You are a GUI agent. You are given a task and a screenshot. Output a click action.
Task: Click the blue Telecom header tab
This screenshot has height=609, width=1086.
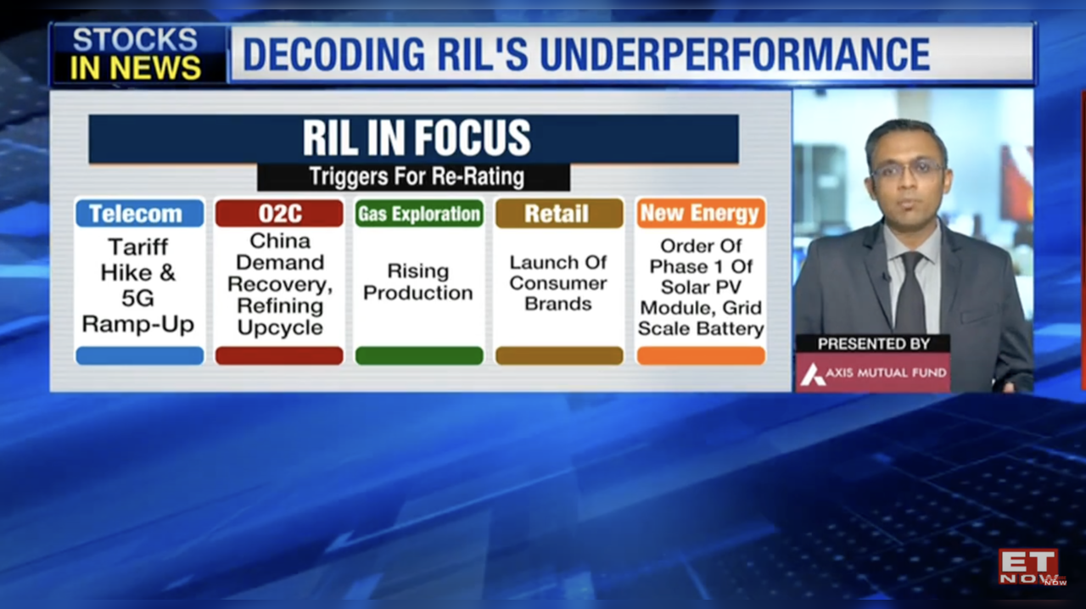[x=139, y=213]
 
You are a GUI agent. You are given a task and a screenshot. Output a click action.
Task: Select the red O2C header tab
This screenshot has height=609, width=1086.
[x=279, y=213]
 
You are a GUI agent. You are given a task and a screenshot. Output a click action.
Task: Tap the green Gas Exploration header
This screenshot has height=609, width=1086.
[x=418, y=213]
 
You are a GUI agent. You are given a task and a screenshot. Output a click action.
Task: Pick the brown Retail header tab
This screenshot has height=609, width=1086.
[x=558, y=213]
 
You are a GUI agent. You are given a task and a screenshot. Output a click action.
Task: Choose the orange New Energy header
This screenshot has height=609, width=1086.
[x=700, y=213]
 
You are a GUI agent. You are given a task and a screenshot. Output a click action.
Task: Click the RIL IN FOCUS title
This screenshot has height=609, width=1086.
[x=416, y=138]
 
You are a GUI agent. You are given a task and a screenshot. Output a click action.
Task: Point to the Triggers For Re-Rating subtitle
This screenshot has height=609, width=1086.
[x=416, y=177]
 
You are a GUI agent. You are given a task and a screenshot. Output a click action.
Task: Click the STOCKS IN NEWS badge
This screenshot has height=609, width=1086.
[x=136, y=54]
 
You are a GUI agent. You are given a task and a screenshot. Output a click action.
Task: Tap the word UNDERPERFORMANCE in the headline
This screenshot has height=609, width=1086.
[x=734, y=54]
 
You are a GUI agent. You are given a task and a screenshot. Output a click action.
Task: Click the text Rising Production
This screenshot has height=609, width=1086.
[x=418, y=282]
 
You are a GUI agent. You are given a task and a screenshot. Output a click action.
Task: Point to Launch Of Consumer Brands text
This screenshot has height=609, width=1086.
[x=558, y=282]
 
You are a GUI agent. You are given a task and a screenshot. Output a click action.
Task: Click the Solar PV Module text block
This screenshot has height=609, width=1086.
[x=700, y=287]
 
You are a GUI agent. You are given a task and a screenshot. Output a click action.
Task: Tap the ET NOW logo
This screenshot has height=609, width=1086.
[x=1029, y=567]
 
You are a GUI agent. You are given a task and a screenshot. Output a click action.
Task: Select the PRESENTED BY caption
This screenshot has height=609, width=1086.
[x=873, y=344]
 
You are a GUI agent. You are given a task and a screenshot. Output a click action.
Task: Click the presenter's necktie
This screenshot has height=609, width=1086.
[x=910, y=293]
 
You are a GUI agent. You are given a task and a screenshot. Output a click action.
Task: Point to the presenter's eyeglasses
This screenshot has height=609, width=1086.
[x=907, y=168]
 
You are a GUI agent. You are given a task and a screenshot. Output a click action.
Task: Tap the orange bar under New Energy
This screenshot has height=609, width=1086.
[x=700, y=355]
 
